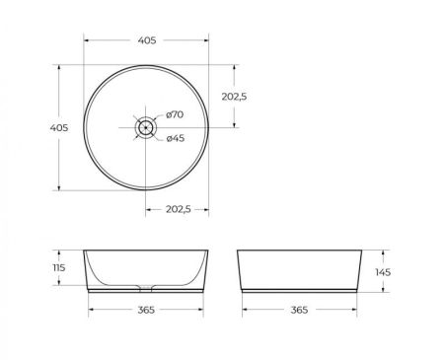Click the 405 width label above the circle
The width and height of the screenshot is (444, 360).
tap(146, 40)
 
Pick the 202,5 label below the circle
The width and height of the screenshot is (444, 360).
tap(178, 209)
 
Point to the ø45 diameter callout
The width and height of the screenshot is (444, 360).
tap(174, 138)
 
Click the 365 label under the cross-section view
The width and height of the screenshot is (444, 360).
tap(145, 311)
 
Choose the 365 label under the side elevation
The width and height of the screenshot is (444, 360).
tap(300, 311)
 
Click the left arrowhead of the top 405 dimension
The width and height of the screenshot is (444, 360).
tap(85, 40)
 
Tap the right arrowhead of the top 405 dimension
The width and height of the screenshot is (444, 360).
tap(207, 40)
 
